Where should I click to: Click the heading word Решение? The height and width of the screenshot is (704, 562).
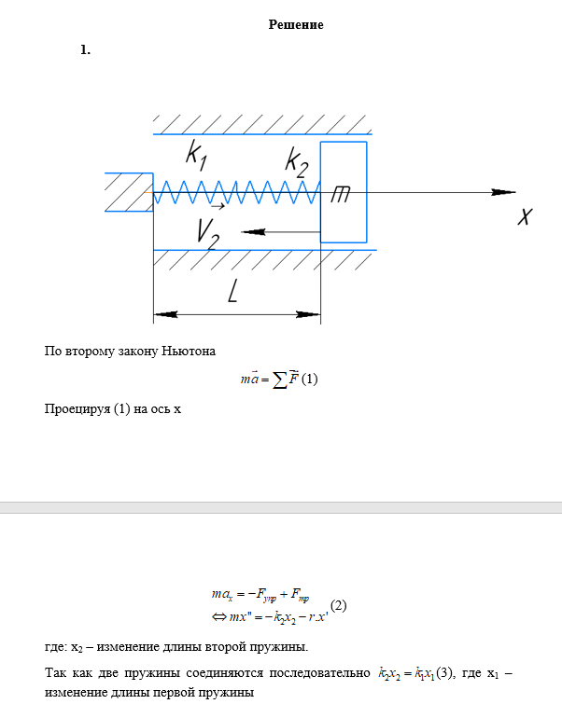pos(296,25)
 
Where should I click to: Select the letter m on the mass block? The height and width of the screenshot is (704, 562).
pos(342,193)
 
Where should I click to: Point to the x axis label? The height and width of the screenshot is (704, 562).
pos(526,216)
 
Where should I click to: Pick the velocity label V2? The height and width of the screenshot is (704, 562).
pos(208,232)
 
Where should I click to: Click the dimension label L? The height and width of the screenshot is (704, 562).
pos(233,293)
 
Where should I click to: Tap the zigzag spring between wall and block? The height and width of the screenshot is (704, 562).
pos(233,192)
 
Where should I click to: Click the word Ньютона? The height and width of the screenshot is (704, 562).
pos(189,352)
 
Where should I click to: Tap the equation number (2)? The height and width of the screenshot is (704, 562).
pos(339,605)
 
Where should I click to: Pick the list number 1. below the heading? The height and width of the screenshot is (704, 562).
pos(86,50)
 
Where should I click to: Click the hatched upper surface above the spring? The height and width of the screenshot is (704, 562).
pos(261,124)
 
